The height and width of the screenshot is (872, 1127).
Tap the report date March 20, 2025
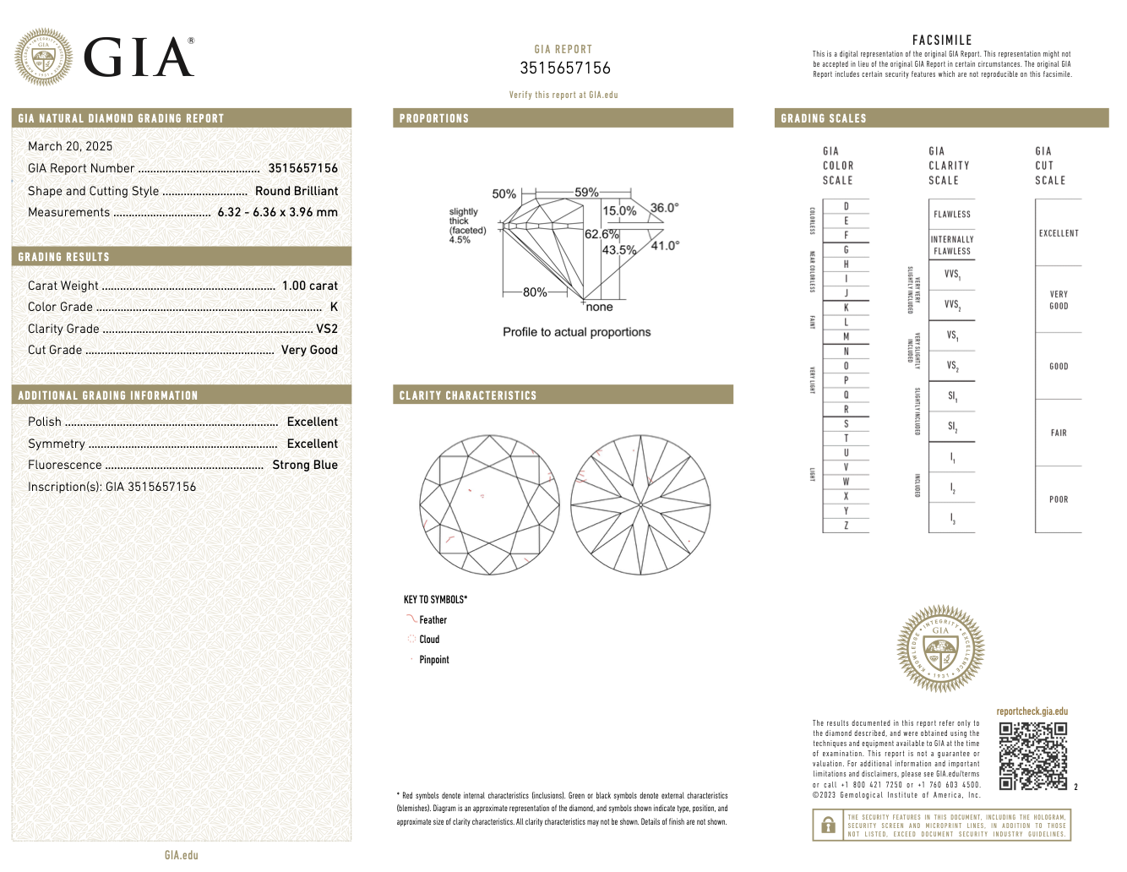[x=70, y=146]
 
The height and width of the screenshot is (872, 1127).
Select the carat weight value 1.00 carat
[x=309, y=286]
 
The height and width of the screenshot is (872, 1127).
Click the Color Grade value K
[x=334, y=307]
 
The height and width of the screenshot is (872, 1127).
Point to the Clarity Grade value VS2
[x=326, y=329]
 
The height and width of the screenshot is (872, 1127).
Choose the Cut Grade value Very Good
[x=309, y=350]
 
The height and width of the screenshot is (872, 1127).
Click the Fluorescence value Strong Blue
[x=304, y=465]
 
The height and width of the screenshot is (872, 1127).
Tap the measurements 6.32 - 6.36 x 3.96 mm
[x=277, y=212]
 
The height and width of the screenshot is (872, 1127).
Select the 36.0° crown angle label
[x=664, y=208]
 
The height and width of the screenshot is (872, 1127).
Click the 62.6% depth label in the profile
[x=602, y=234]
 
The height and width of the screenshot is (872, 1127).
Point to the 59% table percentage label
[x=586, y=193]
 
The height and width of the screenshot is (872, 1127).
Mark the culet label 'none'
[x=599, y=307]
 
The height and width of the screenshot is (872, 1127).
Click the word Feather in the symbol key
[x=433, y=620]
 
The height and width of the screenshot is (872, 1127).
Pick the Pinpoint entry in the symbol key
[x=433, y=660]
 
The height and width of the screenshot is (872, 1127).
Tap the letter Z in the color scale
[x=846, y=526]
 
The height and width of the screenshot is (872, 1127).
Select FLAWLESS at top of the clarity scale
[x=952, y=215]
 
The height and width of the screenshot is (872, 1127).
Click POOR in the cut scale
[x=1059, y=499]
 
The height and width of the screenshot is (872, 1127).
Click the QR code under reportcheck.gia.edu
[x=1032, y=755]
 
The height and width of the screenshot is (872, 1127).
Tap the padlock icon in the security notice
[x=828, y=825]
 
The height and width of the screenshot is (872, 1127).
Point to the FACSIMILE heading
[x=942, y=40]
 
